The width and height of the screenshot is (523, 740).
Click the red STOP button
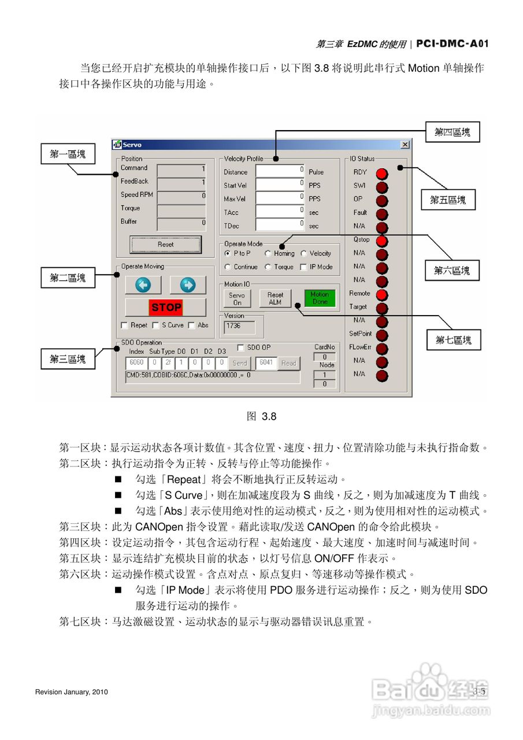click(166, 307)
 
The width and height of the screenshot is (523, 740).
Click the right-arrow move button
click(188, 285)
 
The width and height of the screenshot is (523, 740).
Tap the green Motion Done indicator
click(320, 298)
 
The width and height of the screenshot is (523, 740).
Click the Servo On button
click(237, 298)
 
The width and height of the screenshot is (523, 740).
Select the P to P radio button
click(228, 253)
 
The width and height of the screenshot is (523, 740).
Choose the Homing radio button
click(268, 253)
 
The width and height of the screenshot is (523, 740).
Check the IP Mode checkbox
click(304, 267)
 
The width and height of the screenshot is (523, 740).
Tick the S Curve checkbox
click(156, 325)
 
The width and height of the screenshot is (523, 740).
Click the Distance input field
click(280, 171)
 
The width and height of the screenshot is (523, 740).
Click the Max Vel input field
click(280, 198)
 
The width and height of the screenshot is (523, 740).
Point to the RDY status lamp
click(382, 173)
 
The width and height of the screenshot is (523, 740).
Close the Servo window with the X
click(405, 145)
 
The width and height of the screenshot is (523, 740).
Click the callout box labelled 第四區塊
click(452, 132)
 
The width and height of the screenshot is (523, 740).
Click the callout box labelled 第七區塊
click(454, 340)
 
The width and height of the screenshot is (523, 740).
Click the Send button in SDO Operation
click(239, 363)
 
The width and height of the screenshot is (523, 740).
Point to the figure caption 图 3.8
click(261, 416)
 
